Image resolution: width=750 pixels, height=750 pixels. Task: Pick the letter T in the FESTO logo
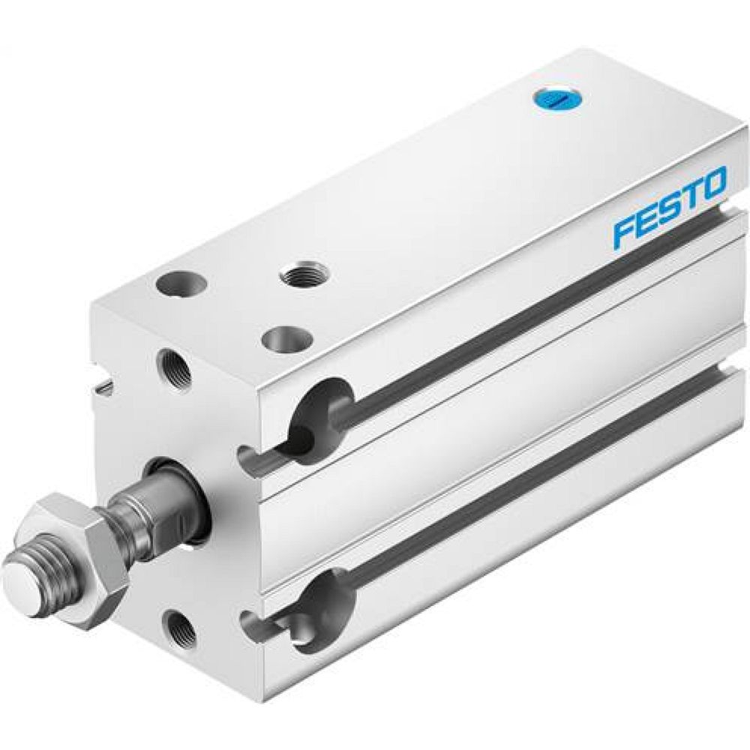click(x=691, y=196)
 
